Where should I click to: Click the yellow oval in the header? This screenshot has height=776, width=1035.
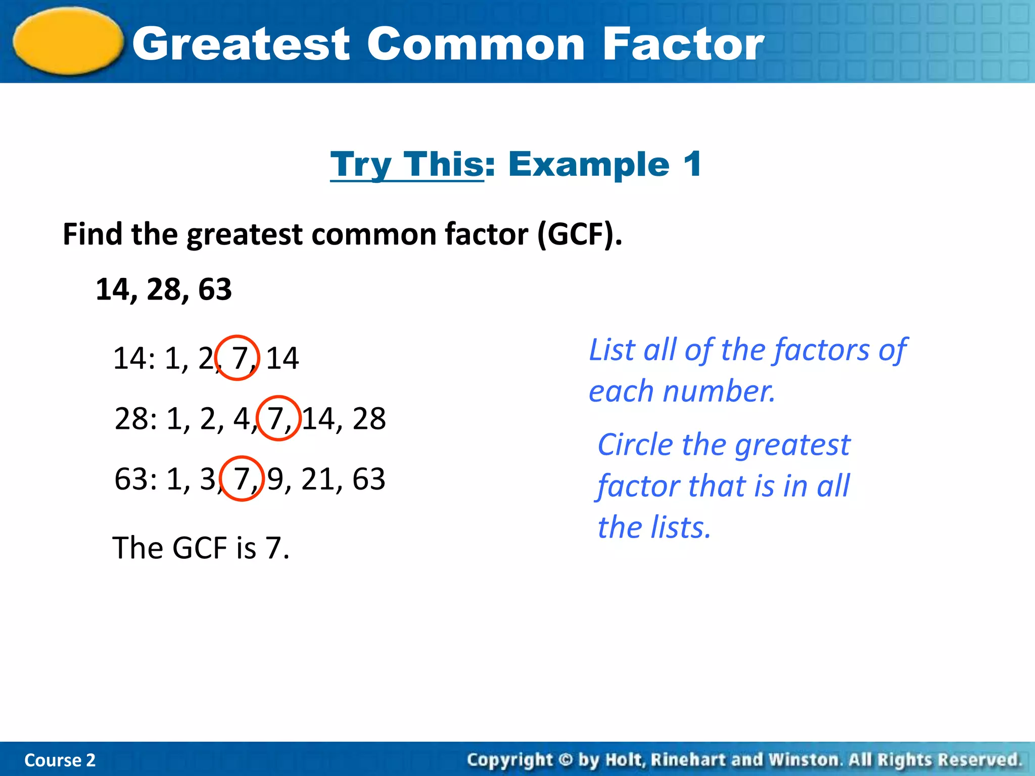(x=68, y=41)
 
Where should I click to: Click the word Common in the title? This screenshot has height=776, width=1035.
(x=475, y=44)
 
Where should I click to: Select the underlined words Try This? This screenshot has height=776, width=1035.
(x=407, y=165)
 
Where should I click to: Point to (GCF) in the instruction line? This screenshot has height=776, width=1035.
(x=579, y=235)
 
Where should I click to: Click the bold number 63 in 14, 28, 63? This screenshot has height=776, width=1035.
(x=215, y=289)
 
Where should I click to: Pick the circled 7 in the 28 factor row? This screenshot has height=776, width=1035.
(x=276, y=419)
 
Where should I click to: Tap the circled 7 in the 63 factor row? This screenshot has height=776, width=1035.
(x=242, y=479)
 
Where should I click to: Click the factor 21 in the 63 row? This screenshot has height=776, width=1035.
(x=318, y=479)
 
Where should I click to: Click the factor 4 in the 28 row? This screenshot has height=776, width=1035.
(x=241, y=419)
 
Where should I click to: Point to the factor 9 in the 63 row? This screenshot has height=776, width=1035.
(x=275, y=479)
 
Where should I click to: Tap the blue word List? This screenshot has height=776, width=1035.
(x=612, y=350)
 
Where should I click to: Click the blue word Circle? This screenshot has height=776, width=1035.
(x=635, y=445)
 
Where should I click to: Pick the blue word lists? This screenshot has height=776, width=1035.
(x=680, y=528)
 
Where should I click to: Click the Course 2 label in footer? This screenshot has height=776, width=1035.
(x=60, y=760)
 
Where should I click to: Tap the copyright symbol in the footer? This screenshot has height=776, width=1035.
(x=566, y=760)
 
